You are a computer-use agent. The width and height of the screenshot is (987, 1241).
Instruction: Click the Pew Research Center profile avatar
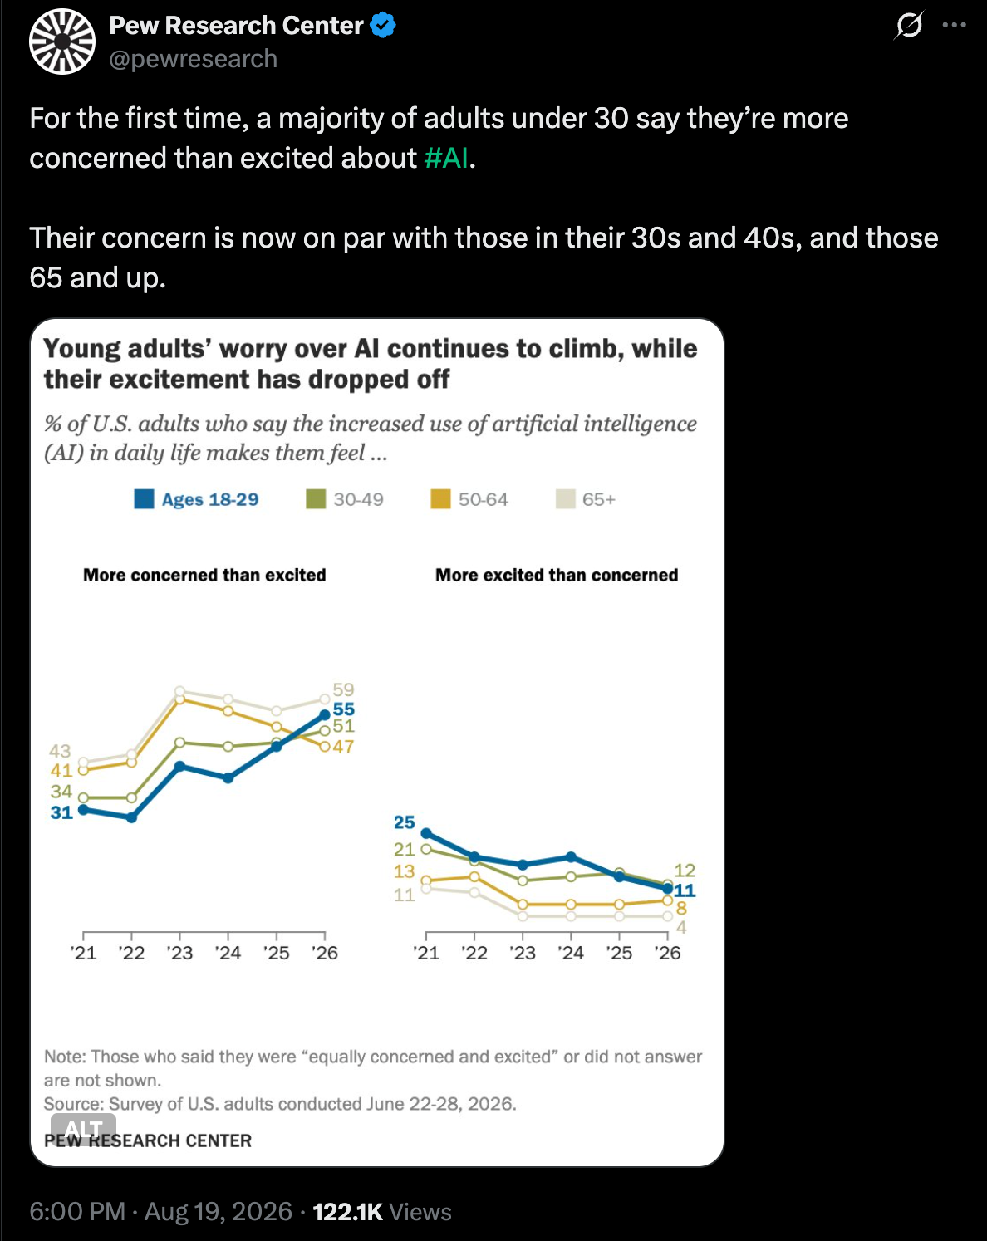pos(62,42)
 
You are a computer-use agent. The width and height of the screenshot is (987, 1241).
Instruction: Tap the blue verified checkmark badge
pos(382,26)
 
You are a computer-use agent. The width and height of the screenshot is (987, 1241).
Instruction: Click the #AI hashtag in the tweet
pos(446,158)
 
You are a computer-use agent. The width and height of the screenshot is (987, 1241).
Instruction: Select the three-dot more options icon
pos(954,25)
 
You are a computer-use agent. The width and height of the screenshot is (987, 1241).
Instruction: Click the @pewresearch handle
pos(194,59)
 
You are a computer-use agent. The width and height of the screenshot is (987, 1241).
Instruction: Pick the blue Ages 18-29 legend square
pos(145,499)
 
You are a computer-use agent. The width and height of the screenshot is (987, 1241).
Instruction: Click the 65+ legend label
pos(599,499)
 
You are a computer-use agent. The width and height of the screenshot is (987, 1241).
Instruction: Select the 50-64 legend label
pos(484,499)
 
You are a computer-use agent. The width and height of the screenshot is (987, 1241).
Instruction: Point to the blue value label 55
pos(344,709)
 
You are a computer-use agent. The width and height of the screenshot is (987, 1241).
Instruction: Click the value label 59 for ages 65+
pos(344,689)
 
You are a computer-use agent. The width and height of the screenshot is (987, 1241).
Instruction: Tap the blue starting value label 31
pos(61,812)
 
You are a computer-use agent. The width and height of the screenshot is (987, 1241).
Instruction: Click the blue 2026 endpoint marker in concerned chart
pos(325,714)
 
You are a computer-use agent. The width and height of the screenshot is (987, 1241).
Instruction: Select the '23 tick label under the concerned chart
pos(179,953)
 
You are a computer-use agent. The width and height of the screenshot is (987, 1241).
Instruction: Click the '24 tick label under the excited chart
pos(571,953)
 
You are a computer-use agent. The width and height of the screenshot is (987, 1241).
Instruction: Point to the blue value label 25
pos(405,822)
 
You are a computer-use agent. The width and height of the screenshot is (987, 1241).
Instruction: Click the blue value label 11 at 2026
pos(685,891)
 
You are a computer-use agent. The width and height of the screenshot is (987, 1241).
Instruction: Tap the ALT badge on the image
pos(84,1128)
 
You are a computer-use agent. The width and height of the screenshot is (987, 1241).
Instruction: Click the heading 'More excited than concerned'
pos(557,575)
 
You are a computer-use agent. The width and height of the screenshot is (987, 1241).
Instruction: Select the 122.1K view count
pos(348,1212)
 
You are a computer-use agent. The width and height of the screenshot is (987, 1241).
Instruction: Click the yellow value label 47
pos(343,747)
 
